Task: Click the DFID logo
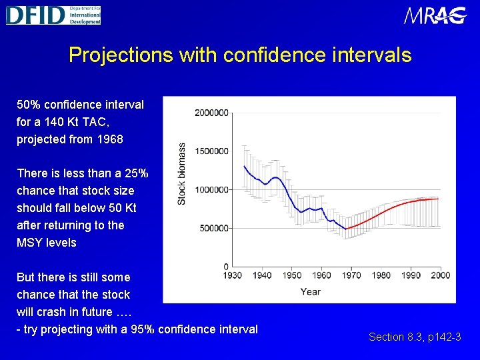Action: (x=53, y=15)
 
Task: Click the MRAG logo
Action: (x=435, y=15)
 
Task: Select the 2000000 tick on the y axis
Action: (x=211, y=113)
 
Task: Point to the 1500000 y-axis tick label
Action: (x=211, y=151)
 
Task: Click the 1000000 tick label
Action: (x=211, y=190)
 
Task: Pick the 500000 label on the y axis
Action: (x=214, y=229)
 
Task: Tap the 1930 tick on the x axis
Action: (x=232, y=275)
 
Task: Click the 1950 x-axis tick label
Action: (x=292, y=275)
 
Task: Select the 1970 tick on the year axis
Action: (x=351, y=275)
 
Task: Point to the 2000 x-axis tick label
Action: (x=441, y=275)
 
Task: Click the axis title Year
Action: (x=310, y=291)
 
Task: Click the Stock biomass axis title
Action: (x=181, y=174)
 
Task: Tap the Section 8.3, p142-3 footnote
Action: (x=415, y=337)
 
